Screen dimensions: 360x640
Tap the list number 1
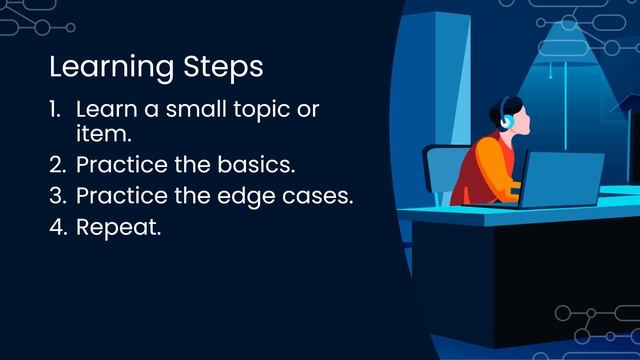pos(55,109)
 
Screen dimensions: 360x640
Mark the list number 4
pos(57,227)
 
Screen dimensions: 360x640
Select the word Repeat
pos(118,228)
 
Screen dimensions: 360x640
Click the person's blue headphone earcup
pos(506,122)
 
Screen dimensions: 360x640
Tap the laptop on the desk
pos(563,179)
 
